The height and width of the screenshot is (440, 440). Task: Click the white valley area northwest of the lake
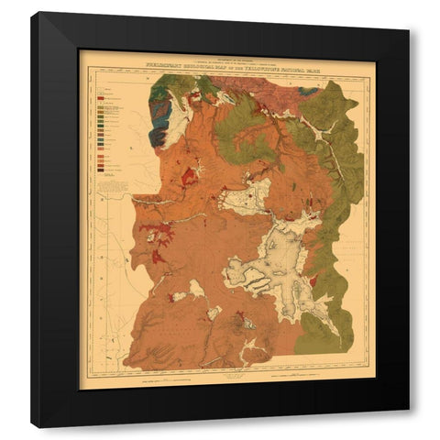247,195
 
